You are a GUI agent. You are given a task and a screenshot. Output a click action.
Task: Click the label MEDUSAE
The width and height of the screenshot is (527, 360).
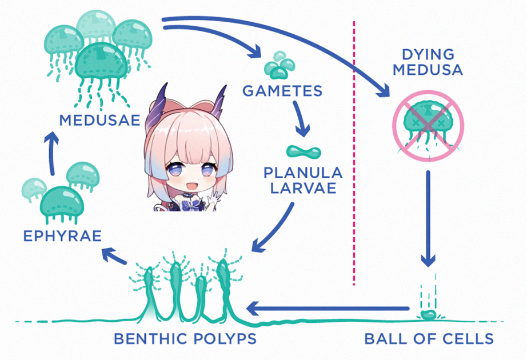[99, 120]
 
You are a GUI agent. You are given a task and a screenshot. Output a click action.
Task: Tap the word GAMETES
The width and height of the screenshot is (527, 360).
[282, 91]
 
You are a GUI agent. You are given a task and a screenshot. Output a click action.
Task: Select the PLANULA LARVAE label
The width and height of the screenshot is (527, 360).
[303, 181]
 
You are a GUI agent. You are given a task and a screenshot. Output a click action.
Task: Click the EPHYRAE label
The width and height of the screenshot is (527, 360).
[62, 236]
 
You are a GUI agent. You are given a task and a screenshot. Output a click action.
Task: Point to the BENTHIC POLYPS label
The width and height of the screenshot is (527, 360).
[185, 338]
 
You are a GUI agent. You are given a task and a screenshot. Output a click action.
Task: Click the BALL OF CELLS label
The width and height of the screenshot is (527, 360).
[429, 338]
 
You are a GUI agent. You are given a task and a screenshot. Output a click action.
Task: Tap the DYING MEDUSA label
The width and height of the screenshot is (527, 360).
[428, 62]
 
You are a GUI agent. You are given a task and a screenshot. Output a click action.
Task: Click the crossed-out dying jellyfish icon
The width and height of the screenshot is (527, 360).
[428, 126]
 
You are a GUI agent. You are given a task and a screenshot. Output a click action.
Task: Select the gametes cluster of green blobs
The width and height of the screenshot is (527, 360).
[280, 65]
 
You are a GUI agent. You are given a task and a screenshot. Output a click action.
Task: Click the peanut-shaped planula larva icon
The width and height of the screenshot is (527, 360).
[304, 152]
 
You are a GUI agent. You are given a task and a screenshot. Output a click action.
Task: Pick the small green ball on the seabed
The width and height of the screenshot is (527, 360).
[428, 315]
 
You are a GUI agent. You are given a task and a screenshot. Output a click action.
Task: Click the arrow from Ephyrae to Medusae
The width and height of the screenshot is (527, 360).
[51, 153]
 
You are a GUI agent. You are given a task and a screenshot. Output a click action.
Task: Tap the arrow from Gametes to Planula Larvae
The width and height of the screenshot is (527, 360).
[300, 118]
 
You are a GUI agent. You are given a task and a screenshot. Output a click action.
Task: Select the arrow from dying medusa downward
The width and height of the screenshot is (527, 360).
[428, 218]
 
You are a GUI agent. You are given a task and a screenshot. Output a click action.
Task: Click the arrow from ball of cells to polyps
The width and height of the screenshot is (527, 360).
[328, 308]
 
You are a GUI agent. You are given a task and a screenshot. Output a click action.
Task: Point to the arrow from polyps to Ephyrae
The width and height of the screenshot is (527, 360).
[114, 255]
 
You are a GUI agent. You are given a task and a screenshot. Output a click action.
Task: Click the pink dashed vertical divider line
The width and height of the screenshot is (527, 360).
[354, 153]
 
